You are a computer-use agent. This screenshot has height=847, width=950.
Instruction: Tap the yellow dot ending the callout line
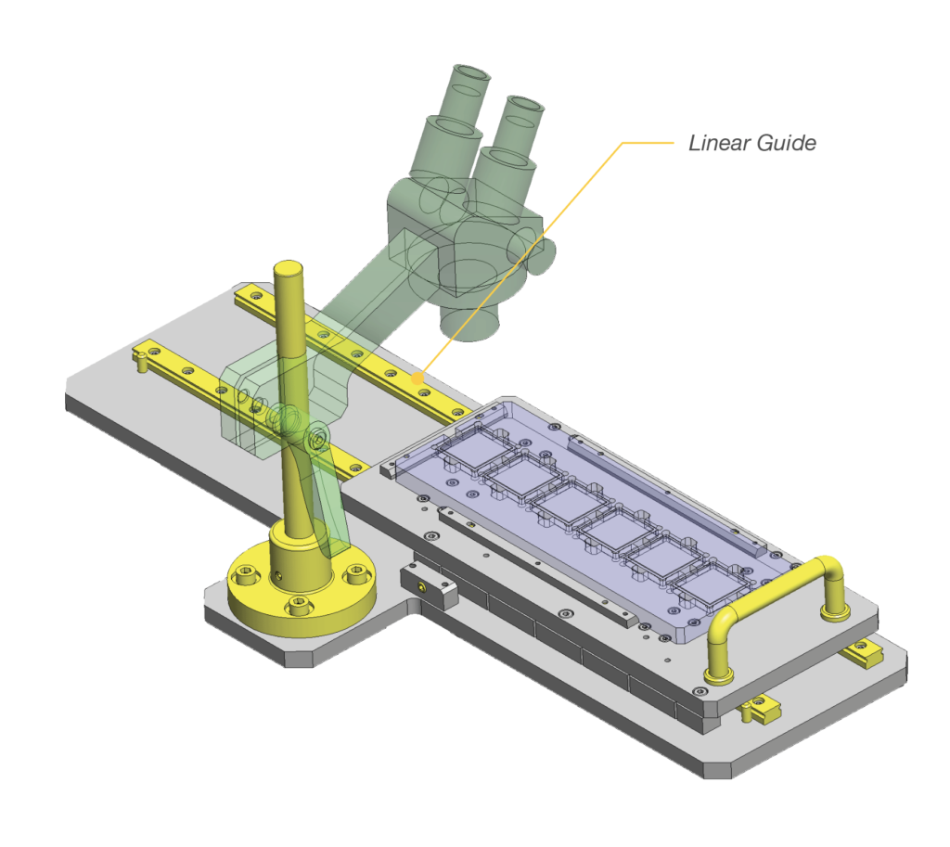pos(418,378)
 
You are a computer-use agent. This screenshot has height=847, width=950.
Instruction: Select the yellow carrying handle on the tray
pos(775,594)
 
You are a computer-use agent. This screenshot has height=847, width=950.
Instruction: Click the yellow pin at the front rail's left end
pos(141,355)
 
